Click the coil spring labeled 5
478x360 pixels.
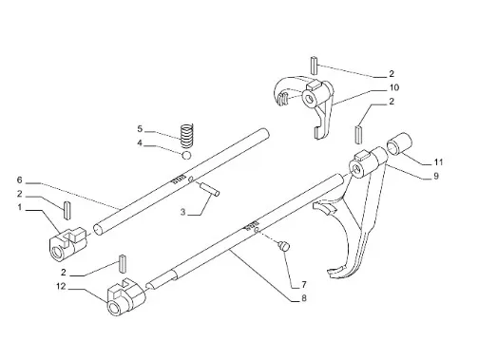187,136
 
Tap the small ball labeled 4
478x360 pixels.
186,155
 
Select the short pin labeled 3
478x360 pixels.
209,189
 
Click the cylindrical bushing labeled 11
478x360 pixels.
399,143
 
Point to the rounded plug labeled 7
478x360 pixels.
284,246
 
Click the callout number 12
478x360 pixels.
61,286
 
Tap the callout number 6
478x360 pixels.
20,180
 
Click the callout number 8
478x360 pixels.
304,298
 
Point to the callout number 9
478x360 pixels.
436,176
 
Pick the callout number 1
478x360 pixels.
20,207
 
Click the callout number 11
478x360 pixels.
438,162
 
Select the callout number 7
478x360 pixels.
304,285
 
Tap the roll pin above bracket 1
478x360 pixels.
67,210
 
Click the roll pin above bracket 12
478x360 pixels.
123,263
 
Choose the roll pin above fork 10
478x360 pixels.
314,66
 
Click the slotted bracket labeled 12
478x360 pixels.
126,298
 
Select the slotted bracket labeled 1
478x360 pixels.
67,244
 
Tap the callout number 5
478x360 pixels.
140,129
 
